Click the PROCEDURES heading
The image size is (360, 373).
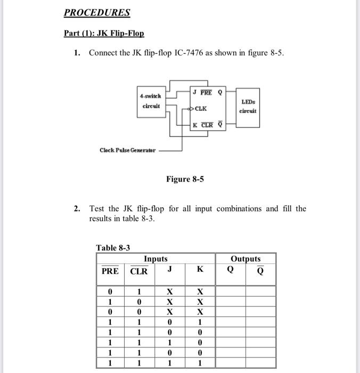click(97, 12)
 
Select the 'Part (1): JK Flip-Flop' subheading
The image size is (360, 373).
click(104, 33)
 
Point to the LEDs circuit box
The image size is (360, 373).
click(248, 106)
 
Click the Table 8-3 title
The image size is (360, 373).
click(113, 248)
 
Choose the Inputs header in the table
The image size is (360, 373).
click(156, 259)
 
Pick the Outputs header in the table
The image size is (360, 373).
click(246, 259)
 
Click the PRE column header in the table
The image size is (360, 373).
click(110, 271)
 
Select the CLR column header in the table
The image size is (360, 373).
click(139, 271)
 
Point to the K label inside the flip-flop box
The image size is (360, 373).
click(195, 125)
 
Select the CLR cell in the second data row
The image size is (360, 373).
click(139, 302)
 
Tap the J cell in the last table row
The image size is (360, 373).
click(169, 363)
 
